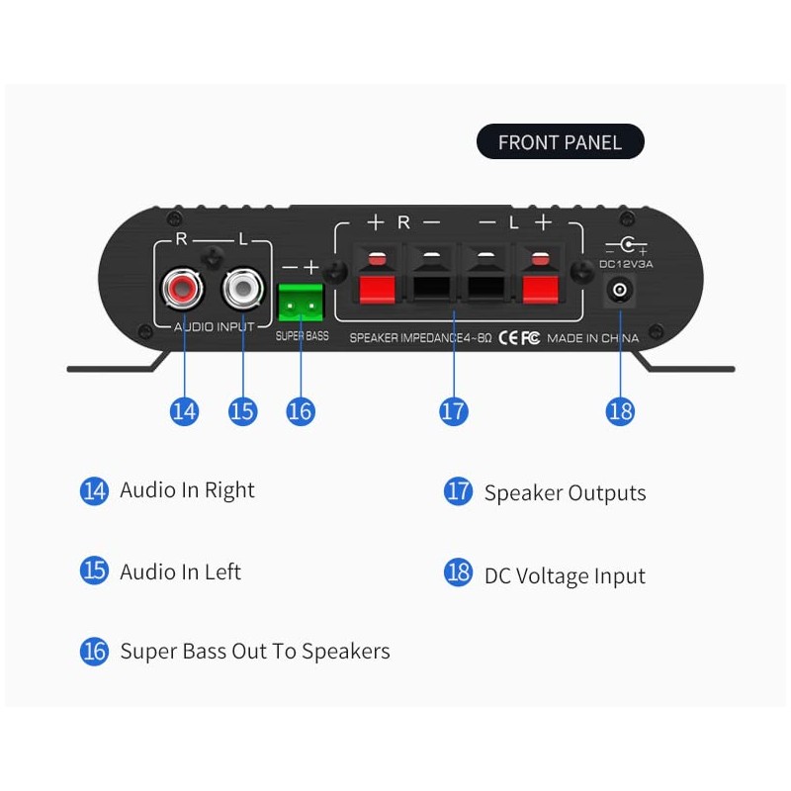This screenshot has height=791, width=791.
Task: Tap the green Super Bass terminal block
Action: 301,303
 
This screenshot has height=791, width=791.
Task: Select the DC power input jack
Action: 620,290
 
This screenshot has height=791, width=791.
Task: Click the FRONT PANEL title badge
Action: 560,142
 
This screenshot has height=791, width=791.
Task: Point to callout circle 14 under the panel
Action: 184,410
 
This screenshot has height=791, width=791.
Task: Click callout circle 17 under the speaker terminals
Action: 453,410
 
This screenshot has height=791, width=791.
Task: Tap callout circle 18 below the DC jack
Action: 620,410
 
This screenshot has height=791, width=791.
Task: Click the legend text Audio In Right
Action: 187,490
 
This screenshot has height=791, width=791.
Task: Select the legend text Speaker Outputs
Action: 565,492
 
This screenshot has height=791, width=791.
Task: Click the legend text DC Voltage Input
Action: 565,575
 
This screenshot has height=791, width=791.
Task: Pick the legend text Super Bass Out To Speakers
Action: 255,651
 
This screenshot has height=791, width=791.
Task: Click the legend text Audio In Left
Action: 180,571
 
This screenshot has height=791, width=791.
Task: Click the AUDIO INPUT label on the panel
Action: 214,326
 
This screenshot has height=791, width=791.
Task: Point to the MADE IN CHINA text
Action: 592,338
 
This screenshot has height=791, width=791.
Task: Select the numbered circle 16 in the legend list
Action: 94,651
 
